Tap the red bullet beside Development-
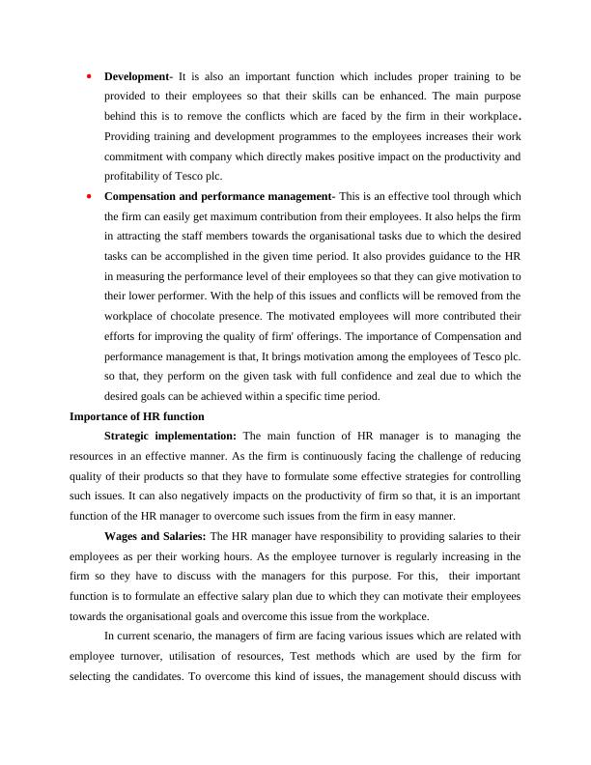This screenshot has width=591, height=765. [88, 75]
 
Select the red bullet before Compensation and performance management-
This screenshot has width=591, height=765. [88, 196]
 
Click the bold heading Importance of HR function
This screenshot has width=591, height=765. [137, 416]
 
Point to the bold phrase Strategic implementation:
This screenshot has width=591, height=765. [170, 437]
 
